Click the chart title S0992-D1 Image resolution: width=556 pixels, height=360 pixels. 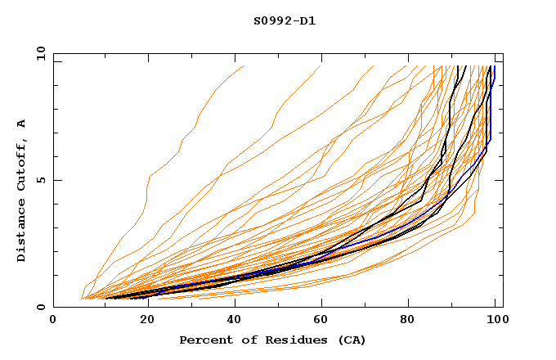pyautogui.click(x=284, y=20)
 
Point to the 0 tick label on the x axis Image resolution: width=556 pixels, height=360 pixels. pyautogui.click(x=54, y=320)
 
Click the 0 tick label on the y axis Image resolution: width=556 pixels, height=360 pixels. pyautogui.click(x=41, y=308)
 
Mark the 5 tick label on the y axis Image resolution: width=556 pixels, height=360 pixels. pyautogui.click(x=41, y=181)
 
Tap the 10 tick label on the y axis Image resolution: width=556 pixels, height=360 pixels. pyautogui.click(x=38, y=54)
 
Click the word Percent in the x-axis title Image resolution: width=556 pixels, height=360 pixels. pyautogui.click(x=205, y=340)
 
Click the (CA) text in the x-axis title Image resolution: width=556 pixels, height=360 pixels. pyautogui.click(x=352, y=340)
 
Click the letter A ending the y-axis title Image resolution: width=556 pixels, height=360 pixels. pyautogui.click(x=22, y=123)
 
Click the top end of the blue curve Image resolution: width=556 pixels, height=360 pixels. pyautogui.click(x=494, y=67)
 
